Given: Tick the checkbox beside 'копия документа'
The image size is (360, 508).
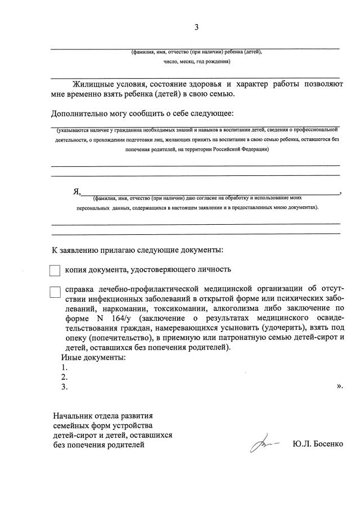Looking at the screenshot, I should tap(55, 270).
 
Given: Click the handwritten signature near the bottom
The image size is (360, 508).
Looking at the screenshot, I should tap(264, 444).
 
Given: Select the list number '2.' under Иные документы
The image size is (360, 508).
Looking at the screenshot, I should tap(65, 377).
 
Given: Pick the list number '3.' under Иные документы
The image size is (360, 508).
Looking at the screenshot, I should tap(65, 387).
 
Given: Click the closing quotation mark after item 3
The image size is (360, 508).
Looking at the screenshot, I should tap(339, 386).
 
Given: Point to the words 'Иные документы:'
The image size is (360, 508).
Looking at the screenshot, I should tap(93, 357).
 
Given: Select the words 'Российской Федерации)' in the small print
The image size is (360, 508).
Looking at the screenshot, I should tap(241, 149).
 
